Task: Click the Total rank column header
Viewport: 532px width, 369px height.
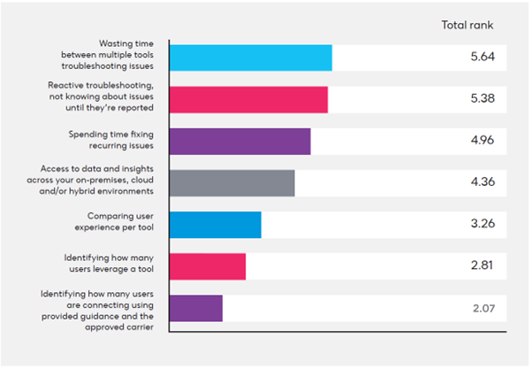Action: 467,24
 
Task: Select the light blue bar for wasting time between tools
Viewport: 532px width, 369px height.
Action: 250,58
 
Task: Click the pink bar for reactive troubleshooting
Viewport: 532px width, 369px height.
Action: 248,99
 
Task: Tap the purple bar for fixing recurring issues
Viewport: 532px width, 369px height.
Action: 239,142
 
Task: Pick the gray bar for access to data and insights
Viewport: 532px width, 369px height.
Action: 232,183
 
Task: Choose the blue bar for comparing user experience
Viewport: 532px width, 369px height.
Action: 215,225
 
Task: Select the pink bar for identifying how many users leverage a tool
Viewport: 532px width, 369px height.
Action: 207,266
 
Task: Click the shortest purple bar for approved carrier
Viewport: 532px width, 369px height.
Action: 195,308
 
